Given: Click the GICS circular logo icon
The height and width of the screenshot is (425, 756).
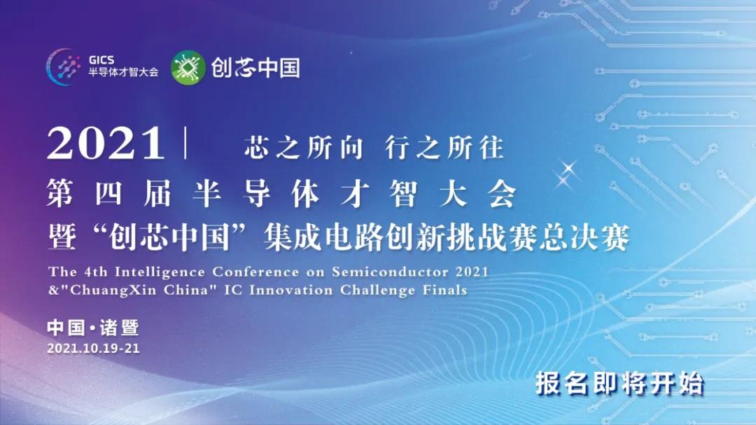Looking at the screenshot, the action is pyautogui.click(x=63, y=67).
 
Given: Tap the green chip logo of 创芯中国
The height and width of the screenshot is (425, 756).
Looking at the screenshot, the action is pyautogui.click(x=188, y=67).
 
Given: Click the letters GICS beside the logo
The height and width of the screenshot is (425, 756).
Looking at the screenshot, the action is pyautogui.click(x=101, y=60).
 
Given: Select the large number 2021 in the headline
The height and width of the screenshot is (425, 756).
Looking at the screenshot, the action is pyautogui.click(x=106, y=143).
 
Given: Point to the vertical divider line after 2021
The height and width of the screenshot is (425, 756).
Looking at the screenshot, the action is pyautogui.click(x=185, y=143).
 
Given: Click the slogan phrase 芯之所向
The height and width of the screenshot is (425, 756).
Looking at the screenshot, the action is pyautogui.click(x=303, y=147).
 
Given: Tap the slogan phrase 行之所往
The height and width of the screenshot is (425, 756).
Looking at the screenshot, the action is pyautogui.click(x=444, y=147).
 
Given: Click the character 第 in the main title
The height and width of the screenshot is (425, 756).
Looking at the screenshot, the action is pyautogui.click(x=59, y=193).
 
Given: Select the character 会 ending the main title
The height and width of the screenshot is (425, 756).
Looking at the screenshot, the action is pyautogui.click(x=503, y=193).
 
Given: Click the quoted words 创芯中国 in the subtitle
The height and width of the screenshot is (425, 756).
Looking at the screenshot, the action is pyautogui.click(x=169, y=238).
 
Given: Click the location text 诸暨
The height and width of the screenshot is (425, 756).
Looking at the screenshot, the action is pyautogui.click(x=120, y=328).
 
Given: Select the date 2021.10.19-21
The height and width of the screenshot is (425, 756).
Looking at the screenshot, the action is pyautogui.click(x=93, y=348).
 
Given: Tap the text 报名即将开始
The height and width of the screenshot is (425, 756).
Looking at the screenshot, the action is pyautogui.click(x=619, y=384).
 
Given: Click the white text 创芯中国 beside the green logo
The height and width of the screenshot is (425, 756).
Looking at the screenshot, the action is pyautogui.click(x=255, y=67).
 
